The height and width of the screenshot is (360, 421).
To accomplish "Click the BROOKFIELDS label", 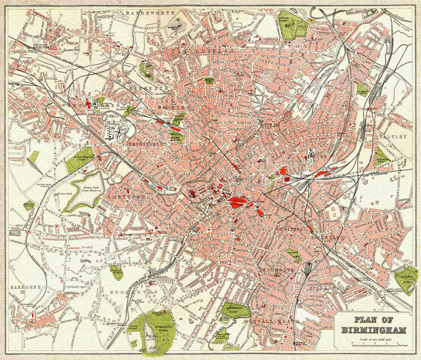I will point(145,143).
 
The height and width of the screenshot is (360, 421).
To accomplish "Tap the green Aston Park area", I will point(292,25).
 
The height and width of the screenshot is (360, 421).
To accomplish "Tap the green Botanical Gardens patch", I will point(116,271).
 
